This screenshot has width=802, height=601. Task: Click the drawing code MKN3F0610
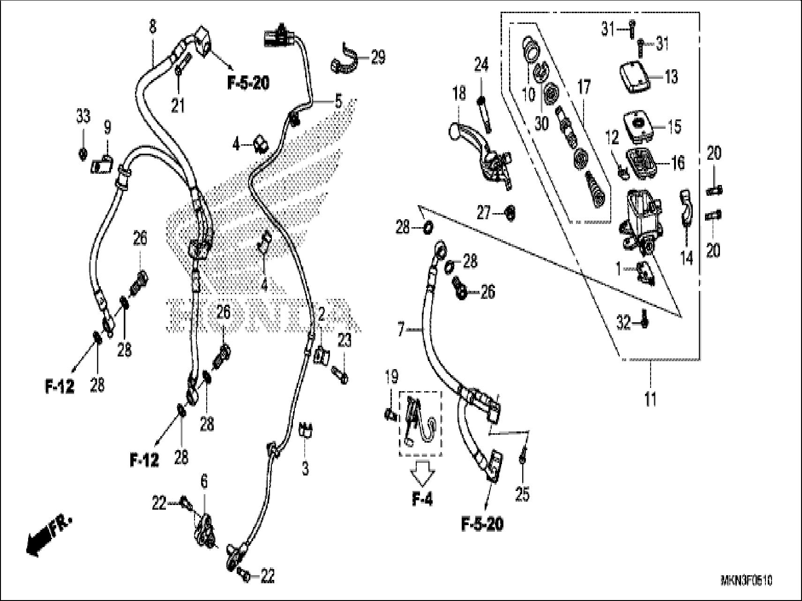pos(746,581)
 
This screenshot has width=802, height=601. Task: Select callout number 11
pos(650,400)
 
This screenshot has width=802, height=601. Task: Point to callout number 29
pos(378,58)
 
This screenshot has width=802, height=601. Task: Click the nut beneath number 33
pos(82,153)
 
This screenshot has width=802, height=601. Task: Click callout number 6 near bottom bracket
pos(204,482)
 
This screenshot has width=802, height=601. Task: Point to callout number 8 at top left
pos(152,27)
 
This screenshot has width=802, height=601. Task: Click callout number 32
pos(624,322)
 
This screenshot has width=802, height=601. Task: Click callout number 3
pos(305,468)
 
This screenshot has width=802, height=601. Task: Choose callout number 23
pos(344,341)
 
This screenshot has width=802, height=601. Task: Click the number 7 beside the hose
pos(401,330)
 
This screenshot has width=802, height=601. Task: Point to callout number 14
pos(687,258)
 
